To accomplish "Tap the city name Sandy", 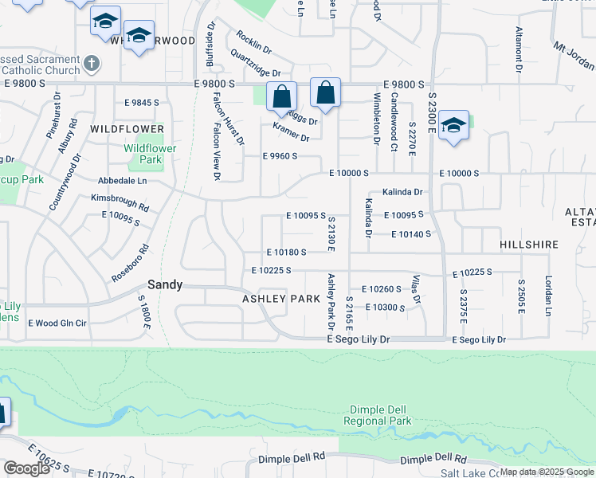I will (x=166, y=284).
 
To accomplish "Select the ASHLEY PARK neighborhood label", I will (x=281, y=299).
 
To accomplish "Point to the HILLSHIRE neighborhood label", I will (x=530, y=245).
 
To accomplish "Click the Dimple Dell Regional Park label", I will (x=377, y=414).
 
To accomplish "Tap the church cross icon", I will (x=92, y=63).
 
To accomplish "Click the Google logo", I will (x=25, y=468).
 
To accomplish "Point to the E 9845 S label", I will (x=141, y=103).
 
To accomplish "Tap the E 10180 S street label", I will (x=286, y=252).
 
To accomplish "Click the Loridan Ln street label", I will (x=548, y=296).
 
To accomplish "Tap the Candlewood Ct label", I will (x=394, y=122).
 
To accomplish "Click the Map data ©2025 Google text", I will (x=547, y=472).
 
